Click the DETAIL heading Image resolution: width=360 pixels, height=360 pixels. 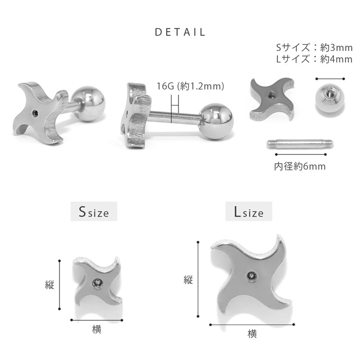click(x=180, y=32)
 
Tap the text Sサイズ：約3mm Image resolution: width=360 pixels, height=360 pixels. click(x=314, y=47)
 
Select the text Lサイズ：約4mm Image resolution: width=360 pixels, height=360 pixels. click(x=314, y=59)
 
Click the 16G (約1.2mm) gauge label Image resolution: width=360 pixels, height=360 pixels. click(x=190, y=86)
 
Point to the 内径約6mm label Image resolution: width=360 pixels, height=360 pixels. click(x=300, y=167)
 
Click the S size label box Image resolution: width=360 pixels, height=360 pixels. click(x=94, y=211)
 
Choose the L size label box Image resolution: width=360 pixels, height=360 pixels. click(x=248, y=211)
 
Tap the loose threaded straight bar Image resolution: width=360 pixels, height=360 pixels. click(x=300, y=144)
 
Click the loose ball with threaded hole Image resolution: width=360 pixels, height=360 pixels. click(x=330, y=99)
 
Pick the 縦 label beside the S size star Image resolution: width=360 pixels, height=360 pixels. click(x=49, y=285)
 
